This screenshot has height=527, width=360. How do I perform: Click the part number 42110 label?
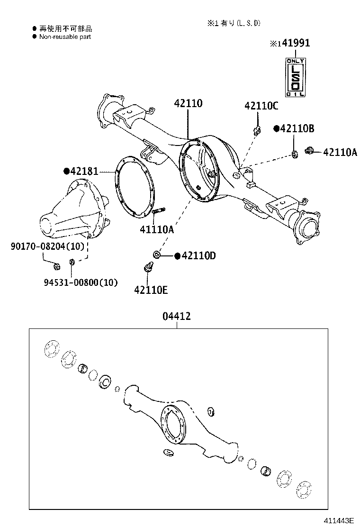pyautogui.click(x=188, y=103)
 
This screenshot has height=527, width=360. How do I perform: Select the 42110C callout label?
pyautogui.click(x=261, y=106)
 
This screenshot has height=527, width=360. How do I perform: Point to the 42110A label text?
pyautogui.click(x=340, y=152)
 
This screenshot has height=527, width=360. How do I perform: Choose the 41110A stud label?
pyautogui.click(x=157, y=230)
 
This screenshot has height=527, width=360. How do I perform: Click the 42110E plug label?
pyautogui.click(x=151, y=290)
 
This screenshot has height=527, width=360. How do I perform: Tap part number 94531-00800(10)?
pyautogui.click(x=81, y=282)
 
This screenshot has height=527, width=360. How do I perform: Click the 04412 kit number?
pyautogui.click(x=177, y=316)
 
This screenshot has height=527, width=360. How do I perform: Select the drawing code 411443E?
pyautogui.click(x=339, y=520)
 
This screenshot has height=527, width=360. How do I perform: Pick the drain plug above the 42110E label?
pyautogui.click(x=147, y=268)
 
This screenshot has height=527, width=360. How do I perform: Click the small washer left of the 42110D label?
pyautogui.click(x=156, y=255)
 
